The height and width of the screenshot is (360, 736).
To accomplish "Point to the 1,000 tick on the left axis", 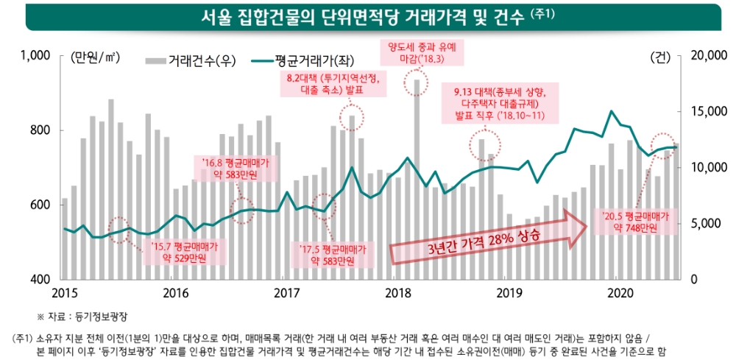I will click(x=35, y=55).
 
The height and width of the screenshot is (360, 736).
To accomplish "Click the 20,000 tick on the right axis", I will click(x=705, y=55).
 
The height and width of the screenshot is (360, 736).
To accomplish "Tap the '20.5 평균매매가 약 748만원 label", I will click(x=635, y=223).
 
